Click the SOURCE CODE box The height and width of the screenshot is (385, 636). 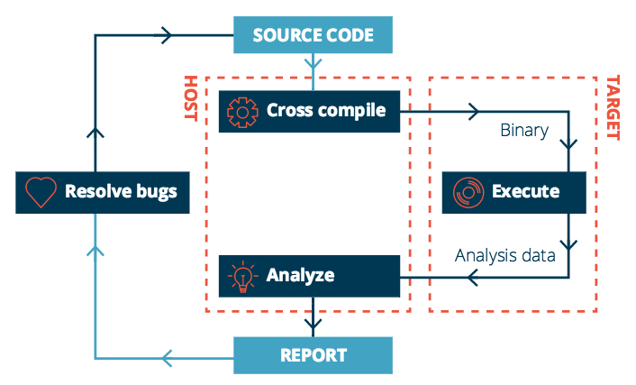pos(313,37)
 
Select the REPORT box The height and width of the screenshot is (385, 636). pos(313,354)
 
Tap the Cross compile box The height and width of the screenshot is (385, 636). pos(309,111)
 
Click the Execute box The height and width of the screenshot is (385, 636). pos(513,191)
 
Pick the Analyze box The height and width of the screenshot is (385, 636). pos(309,275)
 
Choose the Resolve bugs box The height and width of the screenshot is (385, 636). pos(103,192)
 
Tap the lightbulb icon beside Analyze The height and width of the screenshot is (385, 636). pos(242,275)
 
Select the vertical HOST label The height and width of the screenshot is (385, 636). pos(190,98)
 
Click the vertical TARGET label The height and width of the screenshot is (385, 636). pos(612,108)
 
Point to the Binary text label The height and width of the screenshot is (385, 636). pos(524,131)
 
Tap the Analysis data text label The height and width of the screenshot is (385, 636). pos(505,255)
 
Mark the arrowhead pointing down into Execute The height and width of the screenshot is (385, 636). pos(568,145)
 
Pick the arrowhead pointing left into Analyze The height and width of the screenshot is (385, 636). pos(473,276)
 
